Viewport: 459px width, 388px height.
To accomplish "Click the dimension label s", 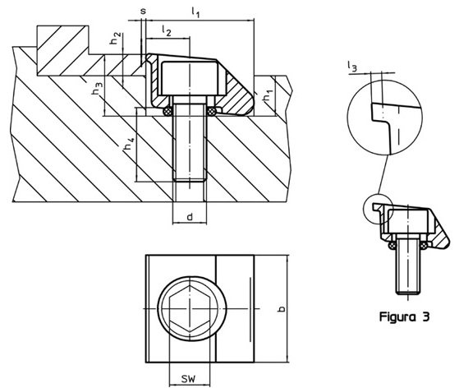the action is coord(143,12).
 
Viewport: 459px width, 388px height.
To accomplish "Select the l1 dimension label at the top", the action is coord(195,12).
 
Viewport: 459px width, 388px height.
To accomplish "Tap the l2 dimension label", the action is coord(166,30).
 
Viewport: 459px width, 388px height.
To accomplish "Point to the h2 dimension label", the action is coord(115,38).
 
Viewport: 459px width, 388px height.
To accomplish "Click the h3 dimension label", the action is coord(98,89).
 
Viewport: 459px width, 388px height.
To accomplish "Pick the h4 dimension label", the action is coord(129,143).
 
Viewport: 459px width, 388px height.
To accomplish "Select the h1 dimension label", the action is coord(268,96).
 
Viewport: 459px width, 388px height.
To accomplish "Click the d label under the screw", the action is coord(190,217).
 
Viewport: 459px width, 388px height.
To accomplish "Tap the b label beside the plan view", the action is coord(282,308).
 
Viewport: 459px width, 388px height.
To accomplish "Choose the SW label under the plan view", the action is coord(188,379).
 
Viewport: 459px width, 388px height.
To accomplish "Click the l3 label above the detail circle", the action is coord(352,67).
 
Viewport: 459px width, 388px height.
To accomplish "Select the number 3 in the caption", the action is coord(425,316).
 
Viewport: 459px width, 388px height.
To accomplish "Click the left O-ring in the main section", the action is coord(168,111).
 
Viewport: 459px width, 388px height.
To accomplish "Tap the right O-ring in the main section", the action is coord(211,111).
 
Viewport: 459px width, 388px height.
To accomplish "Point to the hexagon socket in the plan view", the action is coord(190,308).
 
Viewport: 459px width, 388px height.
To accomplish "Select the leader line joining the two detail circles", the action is coord(383,174).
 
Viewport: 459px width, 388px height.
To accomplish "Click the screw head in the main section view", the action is coord(190,79).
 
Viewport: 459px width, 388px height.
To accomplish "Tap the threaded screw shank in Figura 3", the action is coord(407,266).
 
